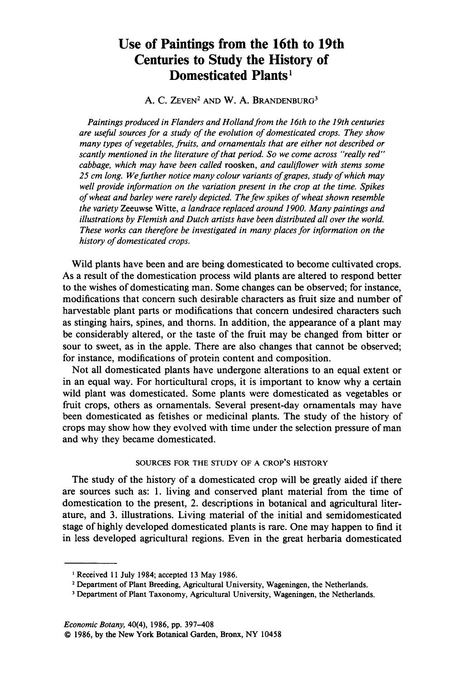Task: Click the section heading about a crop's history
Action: coord(232,463)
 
